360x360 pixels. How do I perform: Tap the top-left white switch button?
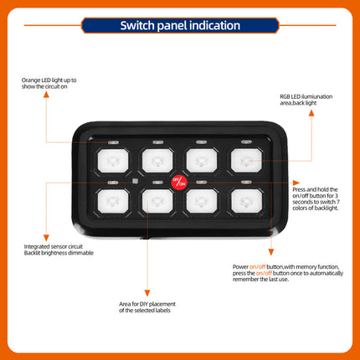112,158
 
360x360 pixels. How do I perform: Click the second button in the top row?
157,158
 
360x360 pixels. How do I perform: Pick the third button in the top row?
201,158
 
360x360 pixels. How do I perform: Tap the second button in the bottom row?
157,200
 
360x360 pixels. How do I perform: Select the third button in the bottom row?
201,200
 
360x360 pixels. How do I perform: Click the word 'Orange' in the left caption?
32,80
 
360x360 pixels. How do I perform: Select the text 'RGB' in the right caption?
286,97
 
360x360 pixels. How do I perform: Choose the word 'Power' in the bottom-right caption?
241,266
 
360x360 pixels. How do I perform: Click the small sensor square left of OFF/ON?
136,179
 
